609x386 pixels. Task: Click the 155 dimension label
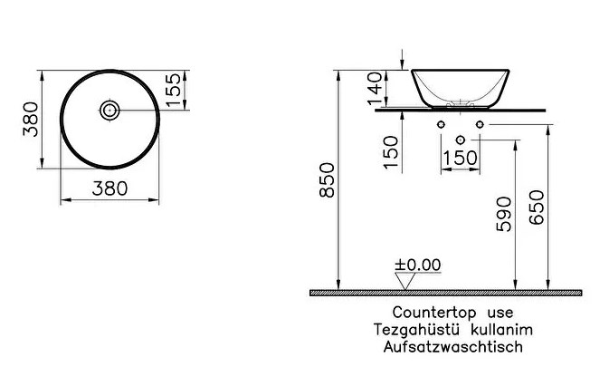[173, 90]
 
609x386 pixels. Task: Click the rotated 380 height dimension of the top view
[31, 119]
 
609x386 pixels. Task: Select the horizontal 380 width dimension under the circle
[109, 188]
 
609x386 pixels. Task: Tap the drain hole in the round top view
[109, 111]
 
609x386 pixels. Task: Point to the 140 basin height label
[376, 88]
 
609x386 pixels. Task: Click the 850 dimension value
[327, 180]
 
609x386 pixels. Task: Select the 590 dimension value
[504, 214]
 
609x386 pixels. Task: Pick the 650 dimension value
[537, 207]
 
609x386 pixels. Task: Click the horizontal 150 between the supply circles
[461, 159]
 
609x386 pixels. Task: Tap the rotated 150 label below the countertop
[391, 152]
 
